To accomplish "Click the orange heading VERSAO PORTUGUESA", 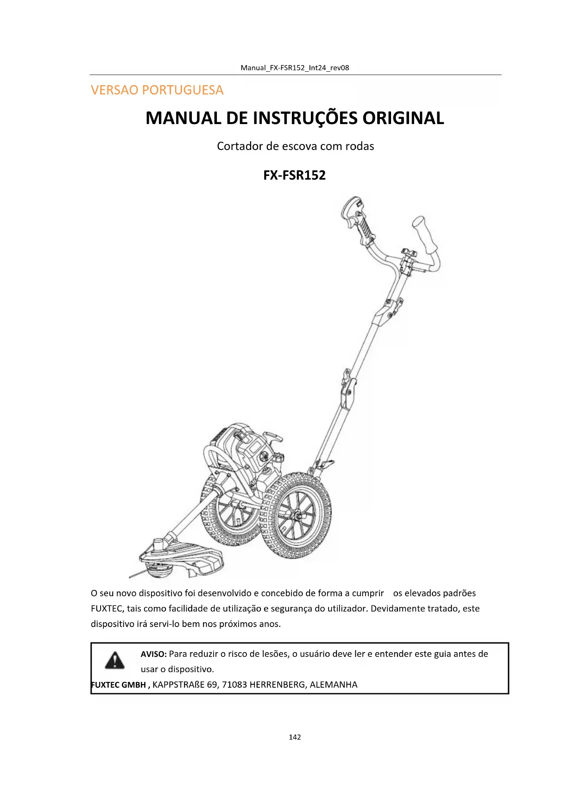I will (x=157, y=90).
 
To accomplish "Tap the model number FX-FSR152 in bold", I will (x=294, y=175).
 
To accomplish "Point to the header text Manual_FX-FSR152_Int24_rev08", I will (x=295, y=68).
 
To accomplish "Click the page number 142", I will (x=295, y=737).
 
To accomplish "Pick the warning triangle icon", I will (x=114, y=660).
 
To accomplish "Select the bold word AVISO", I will (x=153, y=654).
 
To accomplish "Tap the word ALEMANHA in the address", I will (x=334, y=685).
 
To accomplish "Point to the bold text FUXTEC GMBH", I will (x=119, y=685).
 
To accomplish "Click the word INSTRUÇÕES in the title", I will (x=305, y=118).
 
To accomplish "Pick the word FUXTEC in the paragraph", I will (x=106, y=609).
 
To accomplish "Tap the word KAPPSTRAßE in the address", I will (x=178, y=685).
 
